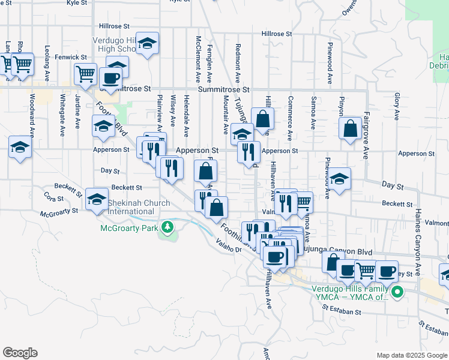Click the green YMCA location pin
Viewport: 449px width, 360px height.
click(396, 292)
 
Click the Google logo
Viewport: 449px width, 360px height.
click(19, 353)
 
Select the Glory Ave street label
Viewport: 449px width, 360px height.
click(397, 104)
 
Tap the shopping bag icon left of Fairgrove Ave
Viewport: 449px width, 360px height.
click(350, 129)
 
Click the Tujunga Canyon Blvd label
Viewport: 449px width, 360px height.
click(336, 252)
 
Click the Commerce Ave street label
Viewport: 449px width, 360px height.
click(290, 118)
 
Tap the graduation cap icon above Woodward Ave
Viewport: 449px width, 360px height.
click(20, 147)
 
